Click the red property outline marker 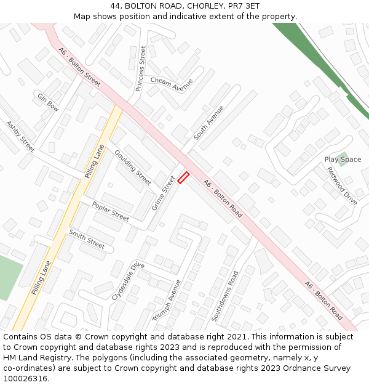coord(183,178)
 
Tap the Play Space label coord(343,160)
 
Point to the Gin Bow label coord(48,102)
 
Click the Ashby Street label coord(20,136)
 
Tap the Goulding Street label coord(132,167)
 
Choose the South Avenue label coord(208,123)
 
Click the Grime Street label coord(164,192)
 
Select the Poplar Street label coord(111,211)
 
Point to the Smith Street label coord(87,238)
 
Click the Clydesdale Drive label coord(128,281)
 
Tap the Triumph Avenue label coord(167,300)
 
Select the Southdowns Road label coord(224,296)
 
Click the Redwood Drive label coord(342,185)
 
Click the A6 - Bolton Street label coord(79,66)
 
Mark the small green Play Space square coord(342,158)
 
